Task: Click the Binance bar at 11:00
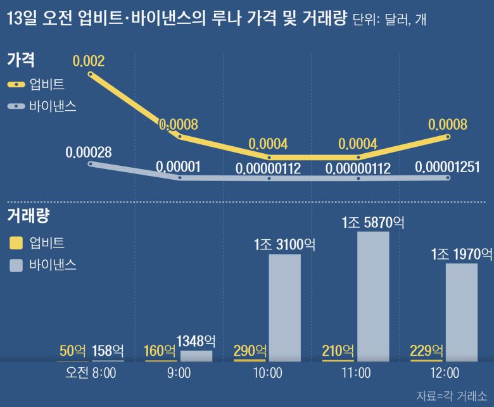(x=373, y=296)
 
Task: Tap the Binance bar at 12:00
(x=462, y=312)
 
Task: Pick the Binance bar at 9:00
(x=196, y=356)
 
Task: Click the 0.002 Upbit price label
(x=89, y=61)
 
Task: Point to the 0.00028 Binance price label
(x=89, y=153)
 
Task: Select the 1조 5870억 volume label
(x=373, y=222)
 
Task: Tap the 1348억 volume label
(x=196, y=341)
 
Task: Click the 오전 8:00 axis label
(x=91, y=373)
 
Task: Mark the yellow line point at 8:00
(x=91, y=74)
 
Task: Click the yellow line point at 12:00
(x=448, y=136)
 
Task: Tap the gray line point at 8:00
(x=91, y=164)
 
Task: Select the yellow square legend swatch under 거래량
(x=16, y=242)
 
